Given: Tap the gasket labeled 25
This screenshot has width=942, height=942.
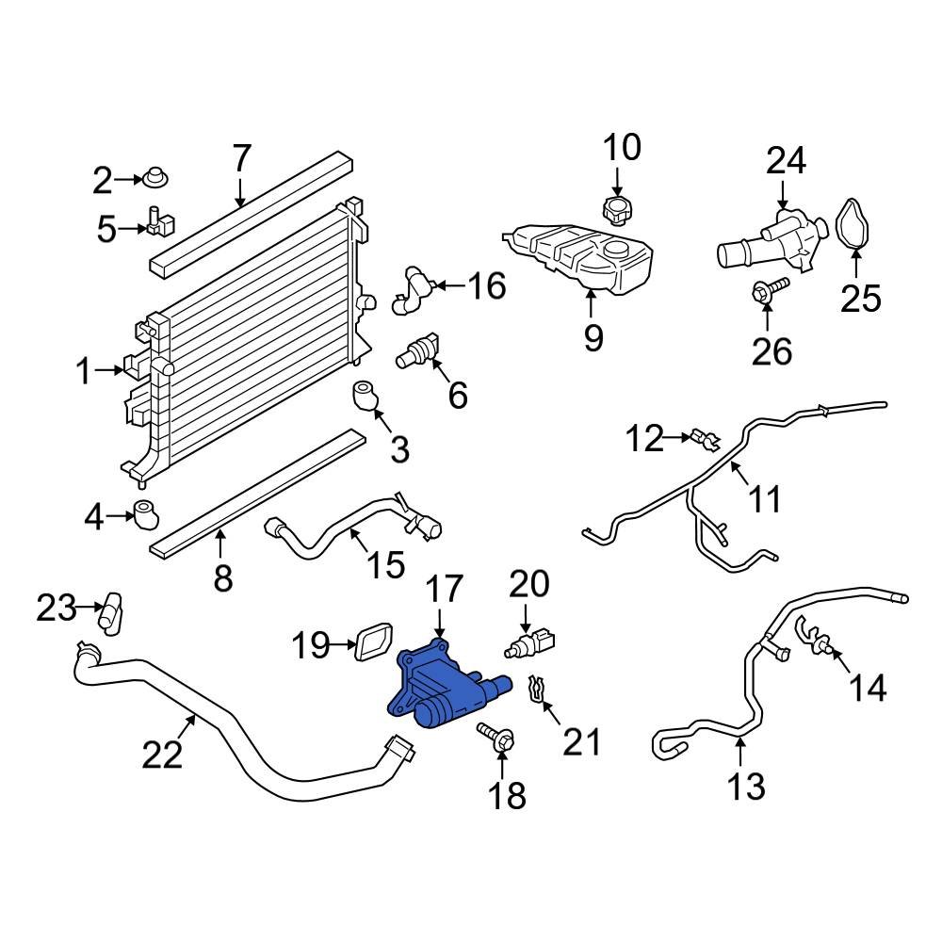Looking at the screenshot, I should pyautogui.click(x=854, y=227).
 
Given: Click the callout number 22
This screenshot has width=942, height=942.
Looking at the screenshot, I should pyautogui.click(x=161, y=754).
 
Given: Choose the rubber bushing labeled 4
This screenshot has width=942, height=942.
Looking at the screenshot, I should pyautogui.click(x=145, y=514).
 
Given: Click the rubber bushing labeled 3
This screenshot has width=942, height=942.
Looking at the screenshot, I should pyautogui.click(x=365, y=397).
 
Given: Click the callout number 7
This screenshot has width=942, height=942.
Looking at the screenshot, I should pyautogui.click(x=241, y=158).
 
